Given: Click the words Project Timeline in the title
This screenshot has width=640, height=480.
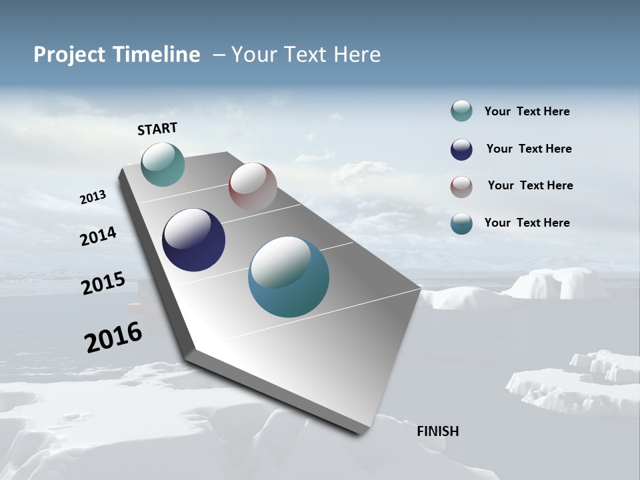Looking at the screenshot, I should pyautogui.click(x=117, y=55).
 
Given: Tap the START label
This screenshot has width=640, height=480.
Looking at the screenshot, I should pyautogui.click(x=157, y=129).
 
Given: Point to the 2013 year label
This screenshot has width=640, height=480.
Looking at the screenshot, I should pyautogui.click(x=93, y=197).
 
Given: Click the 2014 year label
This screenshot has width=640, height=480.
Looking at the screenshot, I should pyautogui.click(x=98, y=237).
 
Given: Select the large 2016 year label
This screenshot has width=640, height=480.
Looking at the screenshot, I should pyautogui.click(x=113, y=337).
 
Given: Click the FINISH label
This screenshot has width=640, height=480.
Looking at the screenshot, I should pyautogui.click(x=438, y=431).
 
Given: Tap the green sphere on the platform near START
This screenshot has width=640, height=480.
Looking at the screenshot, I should pyautogui.click(x=163, y=164).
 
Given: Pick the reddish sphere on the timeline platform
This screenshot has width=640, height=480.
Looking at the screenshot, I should pyautogui.click(x=253, y=187).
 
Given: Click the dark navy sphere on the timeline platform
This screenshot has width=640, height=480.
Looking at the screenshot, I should pyautogui.click(x=193, y=240).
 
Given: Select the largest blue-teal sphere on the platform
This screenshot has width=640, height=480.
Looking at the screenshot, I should pyautogui.click(x=289, y=277).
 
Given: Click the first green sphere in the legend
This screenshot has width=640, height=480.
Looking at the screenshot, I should pyautogui.click(x=461, y=111).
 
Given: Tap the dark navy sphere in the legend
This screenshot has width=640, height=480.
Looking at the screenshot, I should pyautogui.click(x=461, y=149).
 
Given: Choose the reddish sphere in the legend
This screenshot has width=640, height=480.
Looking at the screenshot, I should pyautogui.click(x=461, y=187).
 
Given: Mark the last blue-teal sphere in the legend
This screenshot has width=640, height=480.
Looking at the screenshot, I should pyautogui.click(x=461, y=223).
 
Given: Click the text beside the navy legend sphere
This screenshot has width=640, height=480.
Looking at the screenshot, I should pyautogui.click(x=529, y=149).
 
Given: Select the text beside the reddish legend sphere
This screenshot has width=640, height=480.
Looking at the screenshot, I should pyautogui.click(x=530, y=185).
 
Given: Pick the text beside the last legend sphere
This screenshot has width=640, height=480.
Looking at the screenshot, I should pyautogui.click(x=527, y=223).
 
